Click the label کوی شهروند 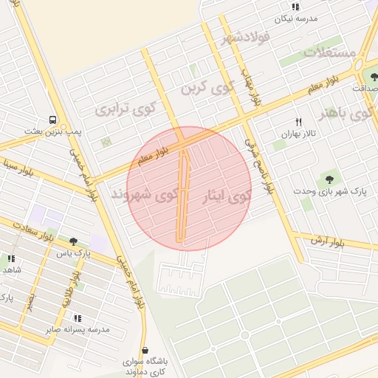[145, 195]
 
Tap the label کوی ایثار [227, 197]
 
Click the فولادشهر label [241, 39]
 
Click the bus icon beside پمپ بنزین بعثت [52, 119]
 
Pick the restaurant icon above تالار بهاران [298, 122]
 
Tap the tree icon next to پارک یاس [72, 241]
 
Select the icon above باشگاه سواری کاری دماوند [144, 350]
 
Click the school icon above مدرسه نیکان [295, 6]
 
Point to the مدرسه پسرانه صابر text [78, 330]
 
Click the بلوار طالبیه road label [75, 280]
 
